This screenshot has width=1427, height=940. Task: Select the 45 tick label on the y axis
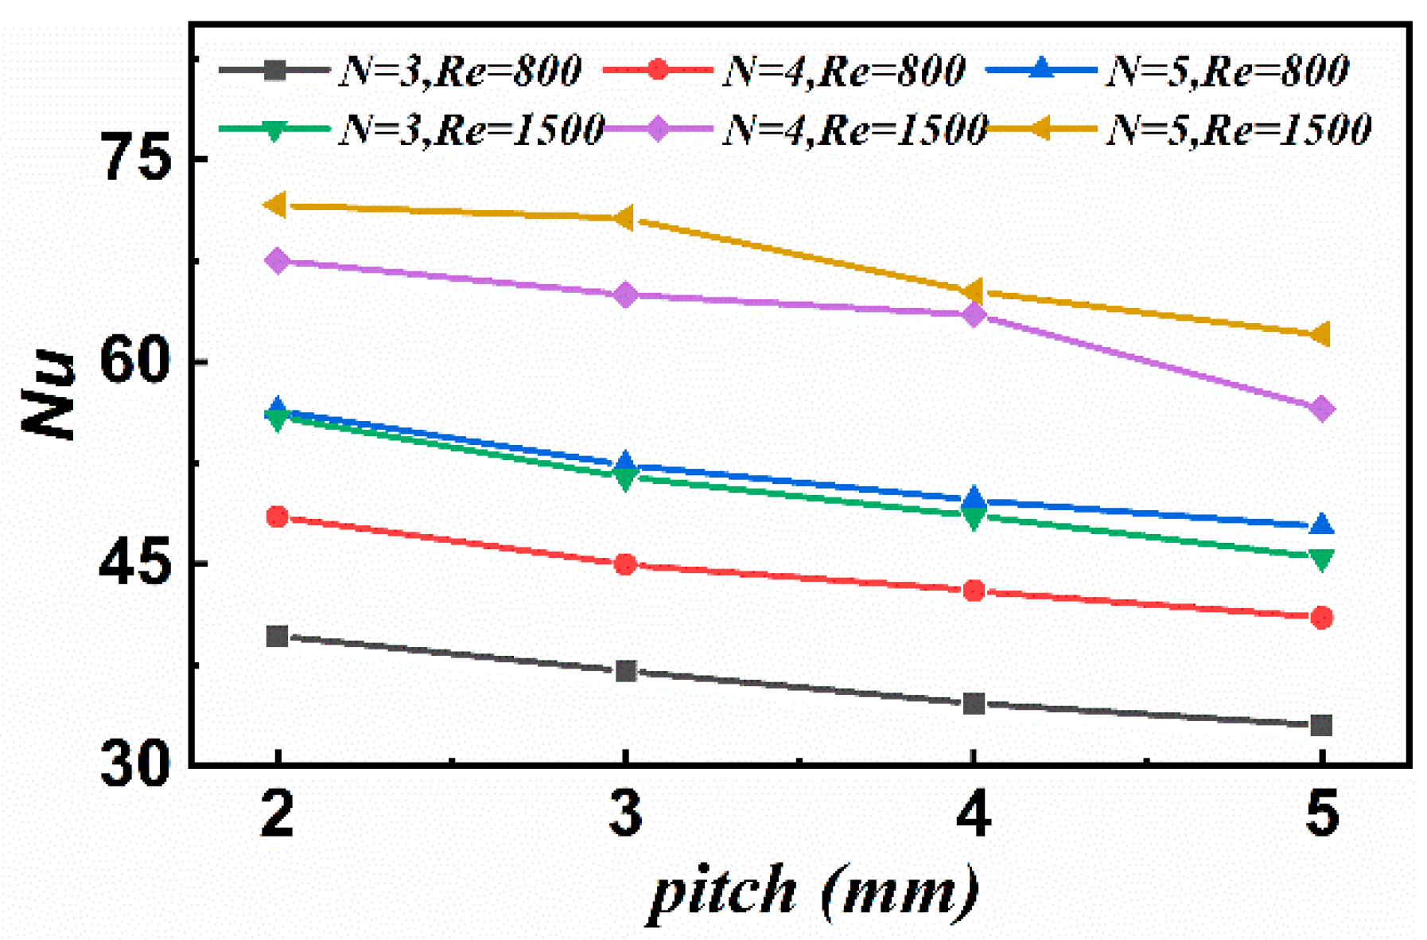(x=135, y=564)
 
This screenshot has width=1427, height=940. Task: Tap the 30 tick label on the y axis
(x=135, y=766)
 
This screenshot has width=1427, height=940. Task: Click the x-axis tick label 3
(x=625, y=815)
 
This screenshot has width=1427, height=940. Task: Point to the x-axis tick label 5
(x=1322, y=815)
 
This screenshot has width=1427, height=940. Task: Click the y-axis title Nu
(x=49, y=395)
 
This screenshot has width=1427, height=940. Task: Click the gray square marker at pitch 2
(x=277, y=636)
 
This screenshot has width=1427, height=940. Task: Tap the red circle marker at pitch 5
(x=1321, y=618)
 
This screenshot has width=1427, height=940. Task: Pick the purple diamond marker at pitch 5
(x=1321, y=409)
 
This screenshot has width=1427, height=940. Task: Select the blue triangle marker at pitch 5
(x=1321, y=525)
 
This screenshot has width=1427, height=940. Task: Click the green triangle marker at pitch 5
(x=1321, y=560)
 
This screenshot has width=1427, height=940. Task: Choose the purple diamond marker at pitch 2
(x=277, y=260)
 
